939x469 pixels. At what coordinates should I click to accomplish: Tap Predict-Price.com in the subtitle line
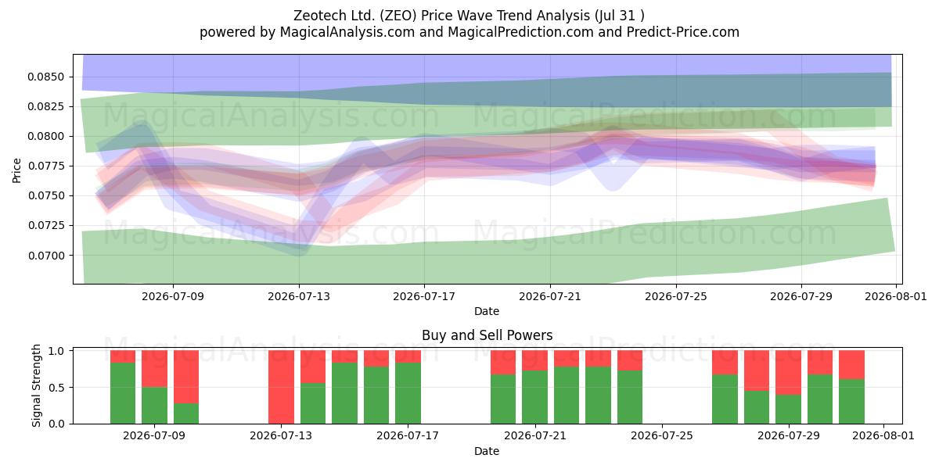[x=683, y=32]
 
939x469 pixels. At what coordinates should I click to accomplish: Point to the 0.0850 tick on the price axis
[x=45, y=77]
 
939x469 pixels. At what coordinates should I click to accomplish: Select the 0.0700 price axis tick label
[x=45, y=256]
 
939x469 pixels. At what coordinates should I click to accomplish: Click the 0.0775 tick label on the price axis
[x=45, y=166]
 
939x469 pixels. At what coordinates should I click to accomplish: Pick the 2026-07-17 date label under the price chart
[x=424, y=296]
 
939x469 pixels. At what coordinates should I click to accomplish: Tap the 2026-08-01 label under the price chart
[x=896, y=296]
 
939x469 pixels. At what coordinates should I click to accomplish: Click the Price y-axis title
[x=16, y=170]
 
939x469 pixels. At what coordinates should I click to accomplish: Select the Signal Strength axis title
[x=36, y=385]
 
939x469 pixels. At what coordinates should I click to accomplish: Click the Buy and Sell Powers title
[x=487, y=335]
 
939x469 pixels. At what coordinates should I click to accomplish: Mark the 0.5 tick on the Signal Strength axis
[x=57, y=388]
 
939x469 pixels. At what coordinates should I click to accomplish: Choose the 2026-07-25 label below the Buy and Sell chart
[x=662, y=436]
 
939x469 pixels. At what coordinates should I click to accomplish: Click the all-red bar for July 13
[x=281, y=387]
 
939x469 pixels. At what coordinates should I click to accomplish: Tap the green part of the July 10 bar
[x=186, y=414]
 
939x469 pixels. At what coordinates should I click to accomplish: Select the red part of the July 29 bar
[x=788, y=373]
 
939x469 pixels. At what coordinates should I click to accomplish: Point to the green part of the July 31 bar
[x=852, y=402]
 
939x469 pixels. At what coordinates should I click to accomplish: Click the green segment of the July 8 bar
[x=123, y=393]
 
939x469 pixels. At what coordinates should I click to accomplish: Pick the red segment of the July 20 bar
[x=503, y=363]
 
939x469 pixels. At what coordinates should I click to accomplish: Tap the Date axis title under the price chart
[x=487, y=311]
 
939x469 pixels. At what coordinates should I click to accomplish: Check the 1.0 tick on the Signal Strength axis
[x=57, y=351]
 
